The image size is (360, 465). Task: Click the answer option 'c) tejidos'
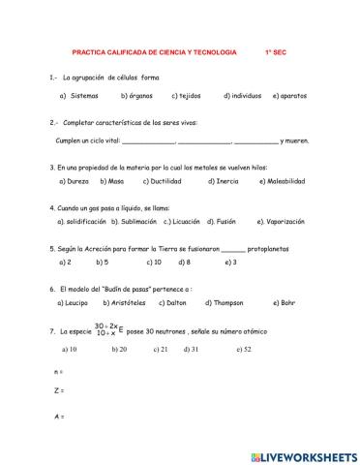(x=187, y=97)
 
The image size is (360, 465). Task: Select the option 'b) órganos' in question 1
(x=137, y=97)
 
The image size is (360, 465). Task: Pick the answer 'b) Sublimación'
(x=119, y=221)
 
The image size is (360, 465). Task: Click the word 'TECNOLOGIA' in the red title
(x=215, y=53)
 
